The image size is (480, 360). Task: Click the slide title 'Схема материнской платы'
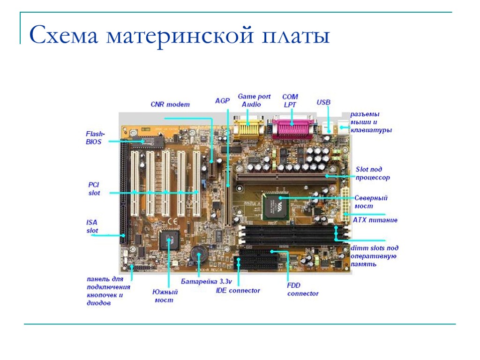pyautogui.click(x=180, y=36)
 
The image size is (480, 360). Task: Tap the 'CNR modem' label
pyautogui.click(x=170, y=104)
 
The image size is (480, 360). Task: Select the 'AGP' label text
pyautogui.click(x=222, y=100)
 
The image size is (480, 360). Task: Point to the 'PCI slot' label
pyautogui.click(x=94, y=189)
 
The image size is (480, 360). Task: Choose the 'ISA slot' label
pyautogui.click(x=92, y=226)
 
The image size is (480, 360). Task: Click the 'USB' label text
pyautogui.click(x=323, y=102)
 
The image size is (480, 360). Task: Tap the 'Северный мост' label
pyautogui.click(x=370, y=202)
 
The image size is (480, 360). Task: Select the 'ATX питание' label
pyautogui.click(x=375, y=219)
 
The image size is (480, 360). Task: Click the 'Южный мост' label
pyautogui.click(x=165, y=296)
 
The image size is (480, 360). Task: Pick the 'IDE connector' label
pyautogui.click(x=238, y=291)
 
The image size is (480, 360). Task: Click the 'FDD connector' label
pyautogui.click(x=302, y=289)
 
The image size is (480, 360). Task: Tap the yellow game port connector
pyautogui.click(x=249, y=127)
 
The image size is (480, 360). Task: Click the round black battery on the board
pyautogui.click(x=199, y=255)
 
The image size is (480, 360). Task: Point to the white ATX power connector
pyautogui.click(x=346, y=202)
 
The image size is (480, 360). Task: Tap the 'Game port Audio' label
pyautogui.click(x=254, y=100)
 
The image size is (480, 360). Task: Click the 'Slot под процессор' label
pyautogui.click(x=372, y=173)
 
